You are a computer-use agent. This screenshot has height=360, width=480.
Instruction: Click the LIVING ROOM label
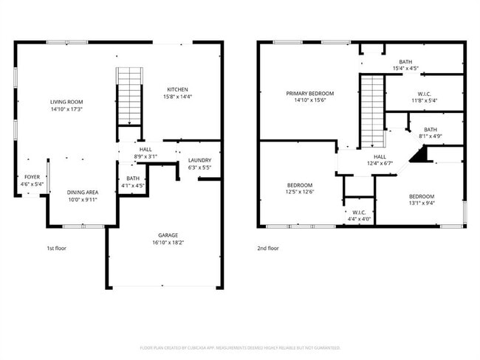(66, 102)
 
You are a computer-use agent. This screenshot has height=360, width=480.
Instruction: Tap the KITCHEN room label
(176, 89)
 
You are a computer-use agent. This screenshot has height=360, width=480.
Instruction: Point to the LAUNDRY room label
(199, 160)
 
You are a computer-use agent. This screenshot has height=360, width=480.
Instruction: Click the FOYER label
(32, 177)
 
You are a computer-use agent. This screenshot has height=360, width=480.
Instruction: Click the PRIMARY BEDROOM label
(310, 94)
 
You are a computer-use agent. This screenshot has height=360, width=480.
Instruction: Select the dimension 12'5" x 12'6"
(299, 192)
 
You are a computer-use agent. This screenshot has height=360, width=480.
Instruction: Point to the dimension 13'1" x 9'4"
(421, 204)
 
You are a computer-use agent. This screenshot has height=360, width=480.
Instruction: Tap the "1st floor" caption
(56, 249)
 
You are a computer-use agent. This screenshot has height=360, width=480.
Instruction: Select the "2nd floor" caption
(268, 249)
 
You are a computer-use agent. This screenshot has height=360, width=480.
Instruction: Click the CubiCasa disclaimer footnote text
(239, 347)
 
